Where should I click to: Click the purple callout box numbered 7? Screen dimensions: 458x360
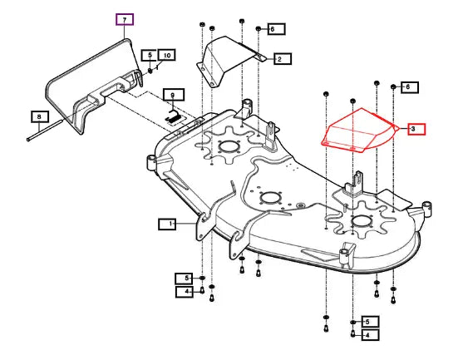[x=125, y=19]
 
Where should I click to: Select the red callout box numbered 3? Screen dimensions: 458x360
[x=416, y=129]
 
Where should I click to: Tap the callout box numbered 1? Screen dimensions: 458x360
[x=167, y=224]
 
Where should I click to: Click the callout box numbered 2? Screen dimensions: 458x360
[x=283, y=59]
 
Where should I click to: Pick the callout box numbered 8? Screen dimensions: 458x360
[x=40, y=117]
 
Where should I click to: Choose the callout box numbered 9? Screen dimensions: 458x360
[x=174, y=95]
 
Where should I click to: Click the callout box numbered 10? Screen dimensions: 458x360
[x=167, y=55]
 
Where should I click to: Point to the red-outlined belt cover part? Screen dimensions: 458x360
[x=359, y=131]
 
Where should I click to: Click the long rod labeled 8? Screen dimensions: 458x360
[x=45, y=130]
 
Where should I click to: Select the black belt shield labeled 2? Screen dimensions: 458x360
[x=231, y=62]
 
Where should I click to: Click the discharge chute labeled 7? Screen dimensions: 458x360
[x=93, y=87]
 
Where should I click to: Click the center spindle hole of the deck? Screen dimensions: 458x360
[x=271, y=198]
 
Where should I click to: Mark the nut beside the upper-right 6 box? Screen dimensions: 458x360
[x=393, y=86]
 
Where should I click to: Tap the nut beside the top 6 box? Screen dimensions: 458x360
[x=259, y=29]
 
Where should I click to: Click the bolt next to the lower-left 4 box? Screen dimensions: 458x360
[x=202, y=290]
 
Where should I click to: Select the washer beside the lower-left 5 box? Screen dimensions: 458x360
[x=202, y=278]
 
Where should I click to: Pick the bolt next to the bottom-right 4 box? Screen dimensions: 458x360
[x=353, y=333]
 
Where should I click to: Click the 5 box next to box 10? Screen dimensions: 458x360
[x=150, y=55]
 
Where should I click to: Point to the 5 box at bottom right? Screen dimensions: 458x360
[x=371, y=322]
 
